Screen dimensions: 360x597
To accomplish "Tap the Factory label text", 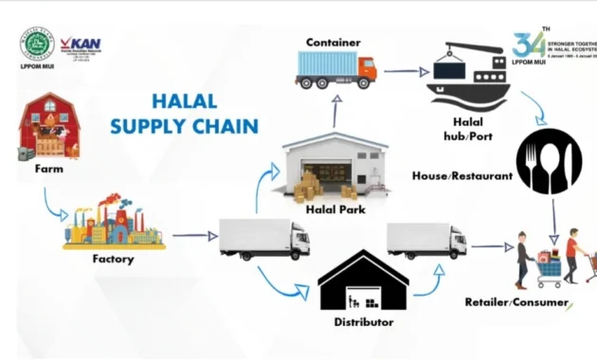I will point(113,259).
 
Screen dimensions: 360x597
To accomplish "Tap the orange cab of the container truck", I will point(365,69).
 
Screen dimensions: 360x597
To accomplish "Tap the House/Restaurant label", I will point(461,176).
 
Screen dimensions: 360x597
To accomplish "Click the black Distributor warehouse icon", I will point(363,282).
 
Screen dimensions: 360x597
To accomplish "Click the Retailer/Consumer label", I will point(516,302).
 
